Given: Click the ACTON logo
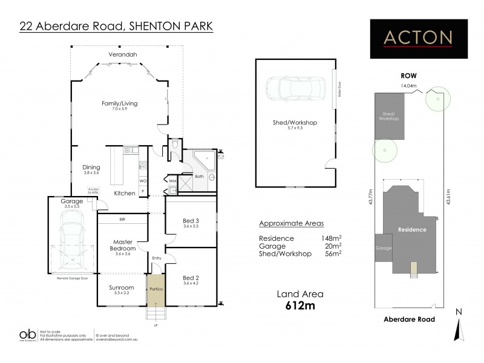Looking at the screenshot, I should point(419,38).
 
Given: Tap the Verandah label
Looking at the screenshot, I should point(120,55).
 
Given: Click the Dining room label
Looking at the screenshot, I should point(91,169).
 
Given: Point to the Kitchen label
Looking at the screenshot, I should point(125,193).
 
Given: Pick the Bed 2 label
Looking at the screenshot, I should point(191,278).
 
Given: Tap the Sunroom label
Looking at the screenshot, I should point(122,289).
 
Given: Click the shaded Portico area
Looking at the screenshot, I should point(155,289).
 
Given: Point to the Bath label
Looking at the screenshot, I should point(200,177).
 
